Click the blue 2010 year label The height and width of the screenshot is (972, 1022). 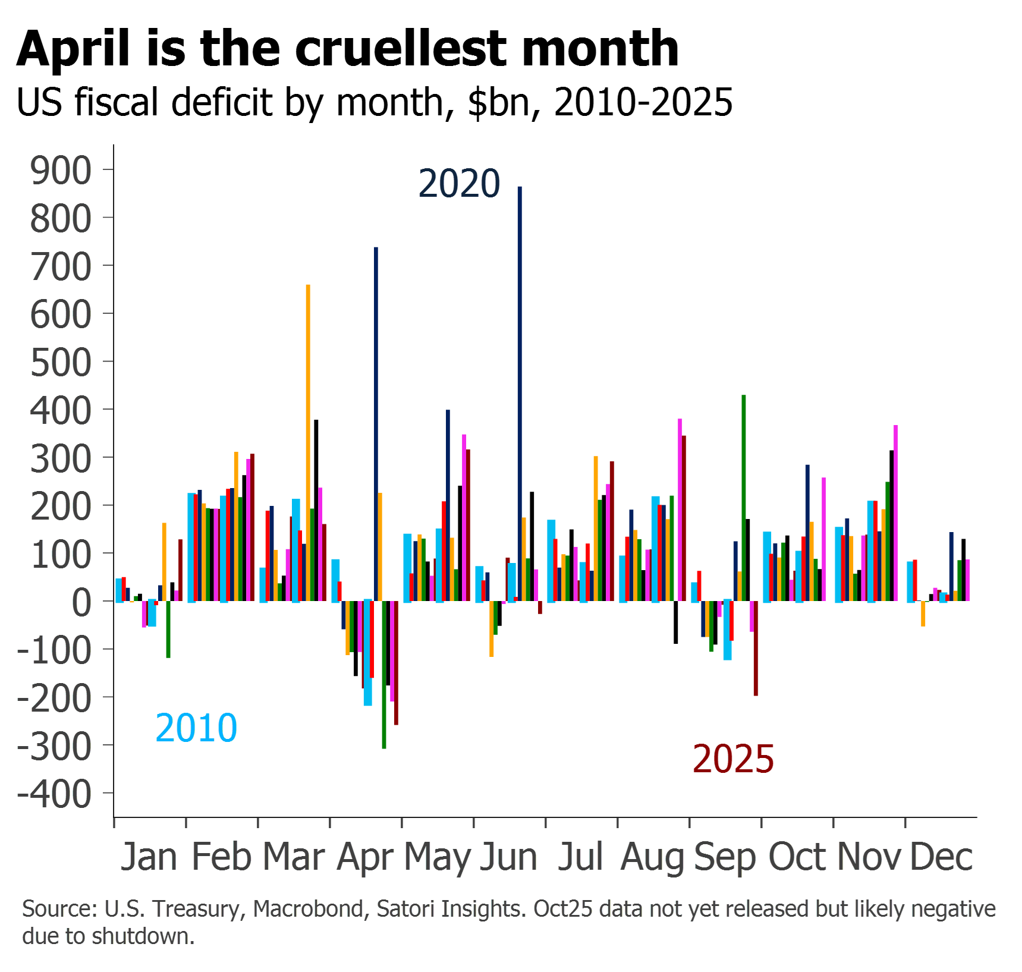point(196,728)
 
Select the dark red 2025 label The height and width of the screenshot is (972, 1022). point(734,759)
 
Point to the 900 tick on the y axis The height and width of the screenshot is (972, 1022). point(61,171)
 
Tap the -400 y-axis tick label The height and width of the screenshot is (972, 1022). point(55,794)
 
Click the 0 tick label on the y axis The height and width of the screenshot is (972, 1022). point(82,602)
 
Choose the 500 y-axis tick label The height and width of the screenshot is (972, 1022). point(61,363)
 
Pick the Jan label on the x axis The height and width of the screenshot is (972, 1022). point(149,857)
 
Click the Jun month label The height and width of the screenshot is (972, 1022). point(509,857)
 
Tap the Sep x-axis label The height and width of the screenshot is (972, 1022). point(725,857)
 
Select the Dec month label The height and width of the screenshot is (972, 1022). point(941,857)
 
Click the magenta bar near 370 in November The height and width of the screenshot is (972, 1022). point(896,511)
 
